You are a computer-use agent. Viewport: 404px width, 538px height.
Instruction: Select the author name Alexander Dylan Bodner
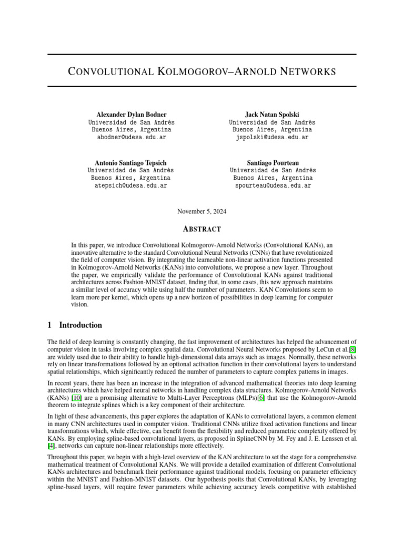pyautogui.click(x=131, y=115)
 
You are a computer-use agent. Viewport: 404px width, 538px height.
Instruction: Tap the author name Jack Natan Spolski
pyautogui.click(x=272, y=115)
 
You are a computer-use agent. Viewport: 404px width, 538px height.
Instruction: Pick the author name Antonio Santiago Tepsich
pyautogui.click(x=130, y=163)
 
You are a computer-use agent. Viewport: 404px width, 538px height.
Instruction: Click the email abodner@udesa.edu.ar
pyautogui.click(x=131, y=137)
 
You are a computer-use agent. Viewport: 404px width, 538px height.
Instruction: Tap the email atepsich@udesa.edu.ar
pyautogui.click(x=130, y=185)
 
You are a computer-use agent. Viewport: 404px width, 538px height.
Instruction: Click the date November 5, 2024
pyautogui.click(x=202, y=211)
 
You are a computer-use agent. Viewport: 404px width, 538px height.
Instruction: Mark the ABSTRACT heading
pyautogui.click(x=202, y=229)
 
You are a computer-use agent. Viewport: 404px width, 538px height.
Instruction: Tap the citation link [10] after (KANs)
pyautogui.click(x=76, y=397)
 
